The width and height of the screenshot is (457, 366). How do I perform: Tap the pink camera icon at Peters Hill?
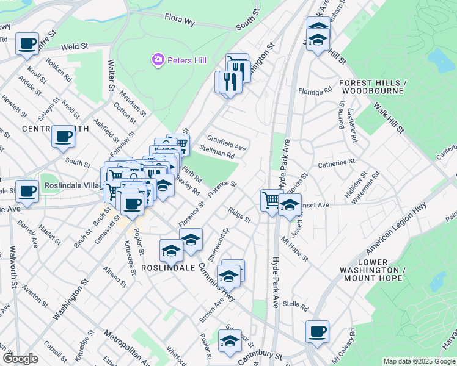[158, 60]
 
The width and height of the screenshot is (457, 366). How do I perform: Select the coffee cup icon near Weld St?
[27, 45]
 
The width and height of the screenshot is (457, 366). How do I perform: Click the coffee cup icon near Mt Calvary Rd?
[317, 332]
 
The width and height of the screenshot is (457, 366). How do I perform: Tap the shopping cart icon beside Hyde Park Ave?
[271, 200]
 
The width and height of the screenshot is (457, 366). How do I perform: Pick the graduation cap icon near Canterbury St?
[230, 342]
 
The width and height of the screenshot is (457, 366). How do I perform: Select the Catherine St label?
[336, 164]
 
